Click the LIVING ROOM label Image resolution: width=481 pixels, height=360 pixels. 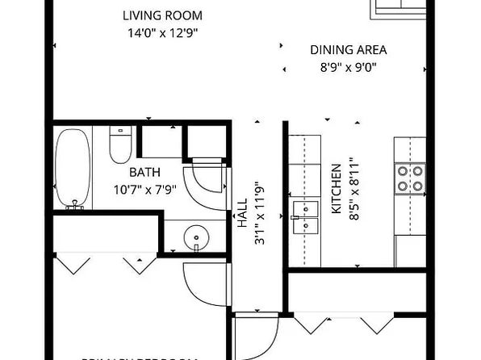162,15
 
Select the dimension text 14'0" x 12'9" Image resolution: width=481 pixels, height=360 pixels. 162,34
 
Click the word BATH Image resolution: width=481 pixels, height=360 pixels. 145,172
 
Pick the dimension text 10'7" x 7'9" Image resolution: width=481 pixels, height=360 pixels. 145,190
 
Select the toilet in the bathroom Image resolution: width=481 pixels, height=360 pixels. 119,144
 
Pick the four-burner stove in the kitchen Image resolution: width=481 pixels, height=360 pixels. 410,178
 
